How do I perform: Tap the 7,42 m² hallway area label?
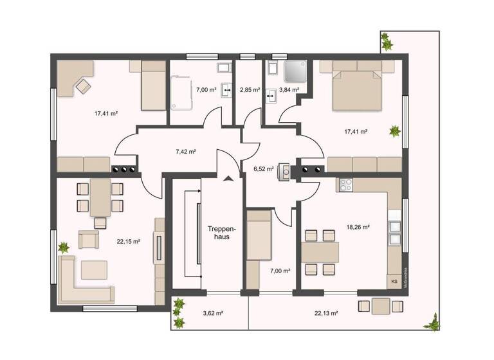(x=185, y=152)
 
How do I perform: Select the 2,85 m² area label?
(x=249, y=91)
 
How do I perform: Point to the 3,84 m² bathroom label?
(x=289, y=91)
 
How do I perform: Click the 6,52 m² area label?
(x=264, y=169)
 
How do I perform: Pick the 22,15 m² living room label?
(x=129, y=242)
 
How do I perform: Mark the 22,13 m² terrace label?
(x=327, y=313)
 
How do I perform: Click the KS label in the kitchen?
(x=394, y=282)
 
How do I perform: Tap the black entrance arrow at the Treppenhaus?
(x=226, y=180)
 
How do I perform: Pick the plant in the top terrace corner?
(x=387, y=43)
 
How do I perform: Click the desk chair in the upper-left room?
(x=83, y=85)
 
